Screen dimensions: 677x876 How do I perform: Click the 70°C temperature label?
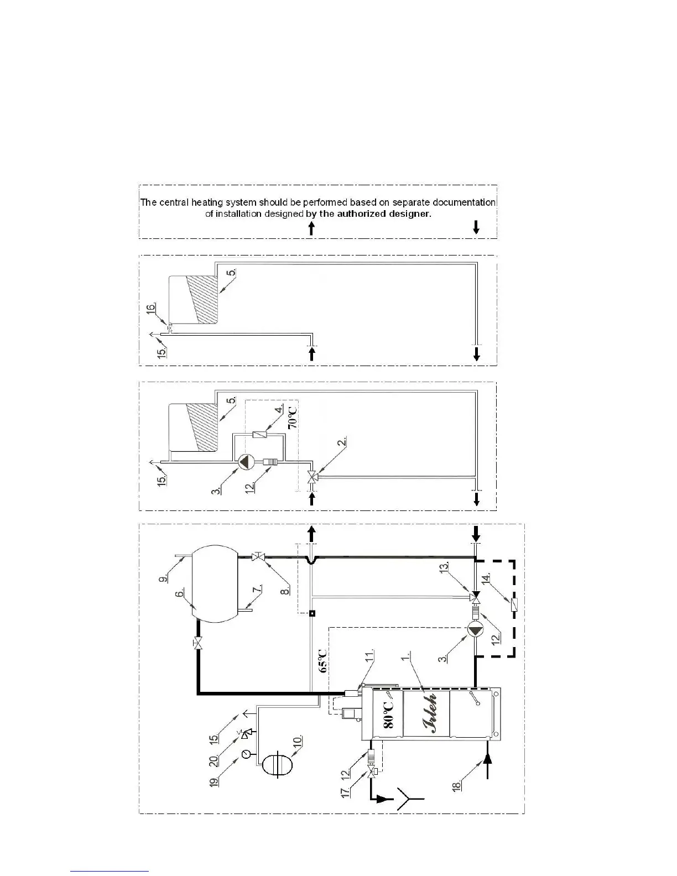point(294,416)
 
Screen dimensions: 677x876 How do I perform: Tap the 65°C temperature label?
point(324,660)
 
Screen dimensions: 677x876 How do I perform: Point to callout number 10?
point(297,741)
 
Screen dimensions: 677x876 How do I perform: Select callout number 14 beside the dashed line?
point(486,579)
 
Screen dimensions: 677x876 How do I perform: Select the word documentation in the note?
point(464,202)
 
